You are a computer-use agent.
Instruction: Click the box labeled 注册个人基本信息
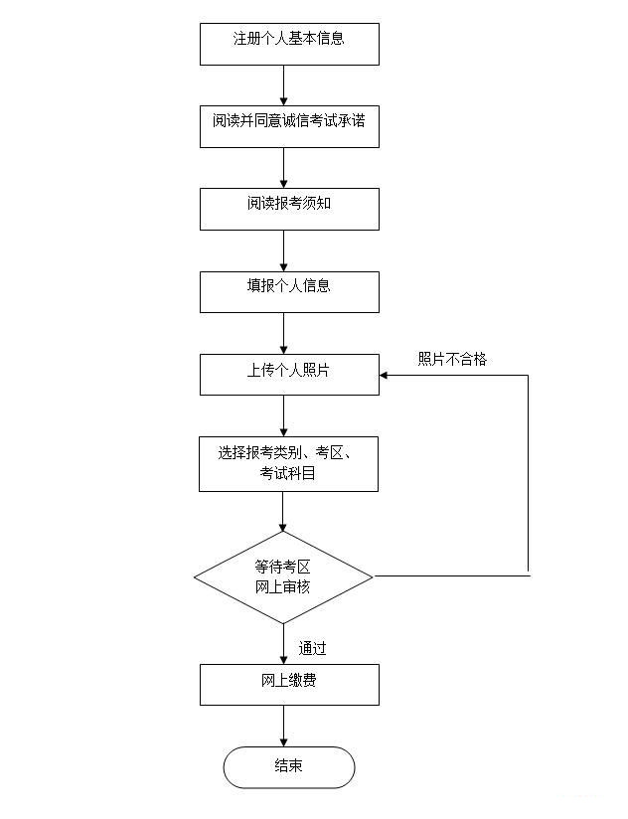(289, 44)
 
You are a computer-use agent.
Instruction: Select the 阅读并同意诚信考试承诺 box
(289, 126)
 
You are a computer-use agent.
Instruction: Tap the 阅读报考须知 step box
(289, 209)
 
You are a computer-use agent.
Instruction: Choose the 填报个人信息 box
(289, 292)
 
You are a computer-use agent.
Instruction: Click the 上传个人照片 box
(289, 375)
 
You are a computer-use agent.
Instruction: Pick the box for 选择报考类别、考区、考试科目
(289, 464)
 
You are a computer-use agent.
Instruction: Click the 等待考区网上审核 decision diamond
(283, 577)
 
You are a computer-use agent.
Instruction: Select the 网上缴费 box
(289, 685)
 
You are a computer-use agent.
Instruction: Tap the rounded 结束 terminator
(289, 767)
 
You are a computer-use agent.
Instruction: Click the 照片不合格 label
(452, 359)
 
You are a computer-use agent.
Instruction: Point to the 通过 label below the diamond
(312, 648)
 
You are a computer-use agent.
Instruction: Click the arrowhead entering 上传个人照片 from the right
(384, 375)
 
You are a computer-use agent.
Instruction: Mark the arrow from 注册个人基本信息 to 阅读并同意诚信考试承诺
(284, 85)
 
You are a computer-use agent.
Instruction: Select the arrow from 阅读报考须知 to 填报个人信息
(284, 250)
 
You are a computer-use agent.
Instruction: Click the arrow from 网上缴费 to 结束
(284, 726)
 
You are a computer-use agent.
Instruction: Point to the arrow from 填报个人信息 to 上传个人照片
(284, 333)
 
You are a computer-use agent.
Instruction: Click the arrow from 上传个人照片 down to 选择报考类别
(284, 415)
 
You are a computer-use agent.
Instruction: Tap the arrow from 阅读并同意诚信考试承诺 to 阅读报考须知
(284, 168)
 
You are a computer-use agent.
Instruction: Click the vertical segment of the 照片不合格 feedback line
(529, 475)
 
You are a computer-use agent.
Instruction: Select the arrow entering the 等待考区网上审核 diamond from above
(283, 511)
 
